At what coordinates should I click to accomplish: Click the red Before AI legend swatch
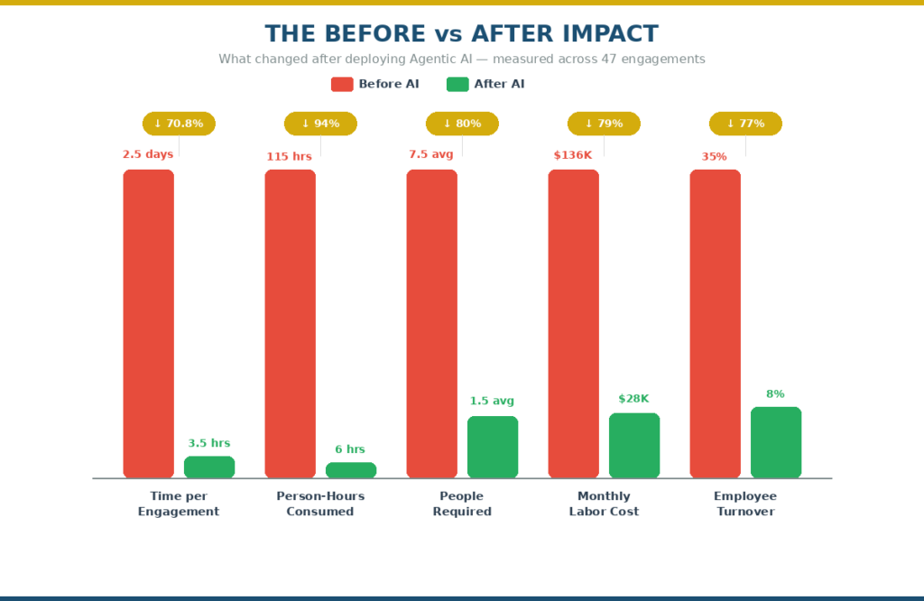click(x=342, y=84)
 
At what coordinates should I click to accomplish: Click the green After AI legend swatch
click(x=457, y=84)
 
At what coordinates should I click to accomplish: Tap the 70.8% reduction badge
click(x=179, y=124)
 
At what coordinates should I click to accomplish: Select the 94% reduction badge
click(x=320, y=124)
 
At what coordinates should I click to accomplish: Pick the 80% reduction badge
click(x=462, y=124)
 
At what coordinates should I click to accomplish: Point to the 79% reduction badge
click(x=604, y=124)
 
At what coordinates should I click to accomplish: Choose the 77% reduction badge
click(x=745, y=124)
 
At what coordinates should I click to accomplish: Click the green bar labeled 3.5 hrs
click(x=209, y=467)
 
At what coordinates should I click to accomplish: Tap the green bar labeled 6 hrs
click(x=351, y=470)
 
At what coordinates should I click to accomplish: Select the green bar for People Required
click(x=493, y=447)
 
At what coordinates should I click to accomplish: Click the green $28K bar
click(x=634, y=445)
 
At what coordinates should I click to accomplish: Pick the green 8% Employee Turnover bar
click(x=776, y=442)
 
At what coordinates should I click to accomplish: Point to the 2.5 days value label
click(x=148, y=154)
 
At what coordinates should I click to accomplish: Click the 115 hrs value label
click(x=289, y=157)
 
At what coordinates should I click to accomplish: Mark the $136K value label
click(x=573, y=155)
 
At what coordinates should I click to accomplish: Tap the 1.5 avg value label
click(x=492, y=401)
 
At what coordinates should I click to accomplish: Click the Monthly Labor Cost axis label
click(x=604, y=504)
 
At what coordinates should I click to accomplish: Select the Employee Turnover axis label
click(x=745, y=504)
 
